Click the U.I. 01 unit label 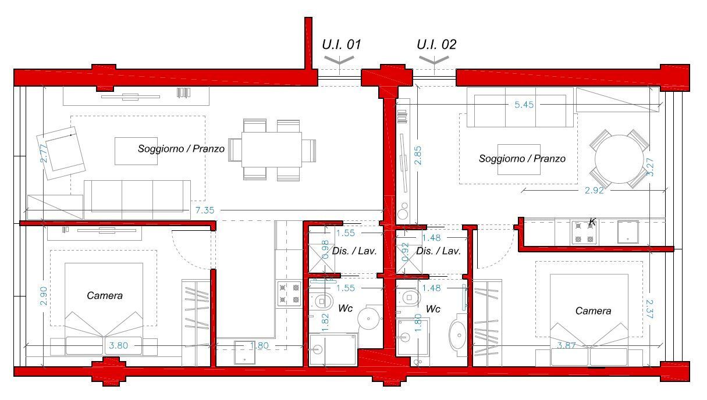pyautogui.click(x=341, y=45)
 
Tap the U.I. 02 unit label pyautogui.click(x=436, y=45)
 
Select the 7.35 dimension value pyautogui.click(x=204, y=210)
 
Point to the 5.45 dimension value pyautogui.click(x=524, y=105)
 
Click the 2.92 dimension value pyautogui.click(x=594, y=190)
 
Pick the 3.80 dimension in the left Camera pyautogui.click(x=118, y=346)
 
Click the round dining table pyautogui.click(x=619, y=159)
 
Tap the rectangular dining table pyautogui.click(x=272, y=149)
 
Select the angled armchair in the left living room pyautogui.click(x=61, y=153)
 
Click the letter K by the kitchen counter pyautogui.click(x=592, y=223)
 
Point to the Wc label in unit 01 pyautogui.click(x=345, y=308)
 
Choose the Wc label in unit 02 pyautogui.click(x=433, y=309)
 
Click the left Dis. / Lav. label pyautogui.click(x=354, y=251)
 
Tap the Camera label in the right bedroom pyautogui.click(x=593, y=311)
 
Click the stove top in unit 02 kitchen pyautogui.click(x=584, y=233)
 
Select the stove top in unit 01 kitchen pyautogui.click(x=289, y=294)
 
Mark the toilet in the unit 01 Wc pyautogui.click(x=321, y=301)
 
